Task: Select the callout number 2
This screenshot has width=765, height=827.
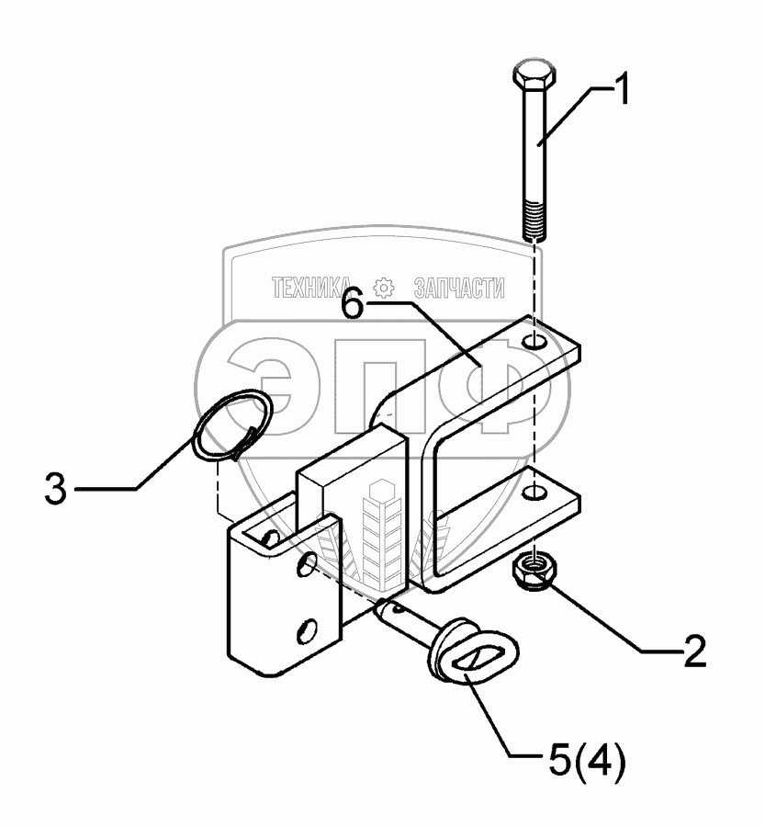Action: click(693, 651)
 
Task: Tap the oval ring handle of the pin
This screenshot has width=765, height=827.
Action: click(472, 659)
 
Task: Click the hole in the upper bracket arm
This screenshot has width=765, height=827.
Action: click(535, 344)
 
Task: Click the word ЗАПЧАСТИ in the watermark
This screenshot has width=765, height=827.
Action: click(459, 287)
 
